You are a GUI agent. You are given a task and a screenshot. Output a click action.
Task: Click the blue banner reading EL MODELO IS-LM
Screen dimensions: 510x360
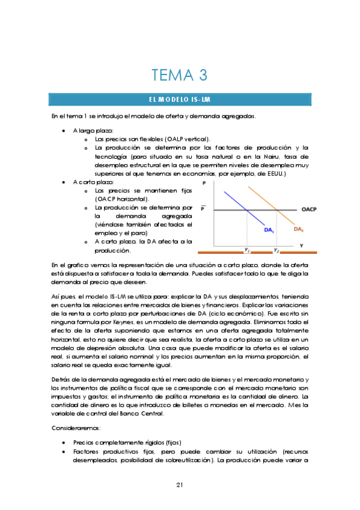pyautogui.click(x=180, y=99)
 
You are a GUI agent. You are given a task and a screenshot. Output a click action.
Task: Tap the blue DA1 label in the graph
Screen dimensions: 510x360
pyautogui.click(x=269, y=229)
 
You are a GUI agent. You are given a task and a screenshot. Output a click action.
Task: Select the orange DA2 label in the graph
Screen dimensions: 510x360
pyautogui.click(x=298, y=229)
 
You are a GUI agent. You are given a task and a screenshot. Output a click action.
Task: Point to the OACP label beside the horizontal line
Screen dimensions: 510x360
pyautogui.click(x=308, y=209)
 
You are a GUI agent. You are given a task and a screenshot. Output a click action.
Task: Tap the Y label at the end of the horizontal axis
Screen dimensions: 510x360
pyautogui.click(x=301, y=245)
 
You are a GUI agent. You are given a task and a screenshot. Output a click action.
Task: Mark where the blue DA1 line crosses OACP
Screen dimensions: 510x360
pyautogui.click(x=247, y=209)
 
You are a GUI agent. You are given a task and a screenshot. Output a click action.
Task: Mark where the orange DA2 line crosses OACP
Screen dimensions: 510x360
pyautogui.click(x=276, y=209)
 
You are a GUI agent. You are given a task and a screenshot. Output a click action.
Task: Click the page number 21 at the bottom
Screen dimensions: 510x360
pyautogui.click(x=180, y=485)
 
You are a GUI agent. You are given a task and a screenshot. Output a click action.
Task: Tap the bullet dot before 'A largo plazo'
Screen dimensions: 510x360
pyautogui.click(x=64, y=130)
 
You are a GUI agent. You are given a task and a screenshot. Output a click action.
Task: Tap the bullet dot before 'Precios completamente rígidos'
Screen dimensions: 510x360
pyautogui.click(x=64, y=442)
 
